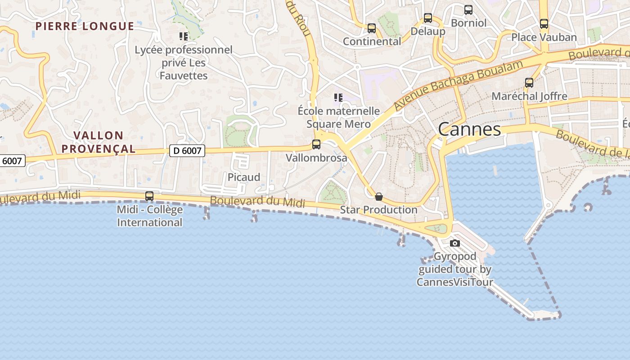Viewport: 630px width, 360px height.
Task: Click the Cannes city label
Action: [469, 130]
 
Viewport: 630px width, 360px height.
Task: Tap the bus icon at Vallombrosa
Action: [316, 144]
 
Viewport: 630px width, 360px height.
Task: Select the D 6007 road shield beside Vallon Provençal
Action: [187, 150]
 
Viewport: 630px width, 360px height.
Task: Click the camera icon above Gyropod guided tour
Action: [455, 243]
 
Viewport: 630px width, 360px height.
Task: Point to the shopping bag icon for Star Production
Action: [379, 197]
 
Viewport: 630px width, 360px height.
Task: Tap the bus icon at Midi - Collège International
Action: [149, 196]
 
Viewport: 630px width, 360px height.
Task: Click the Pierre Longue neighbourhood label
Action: [85, 26]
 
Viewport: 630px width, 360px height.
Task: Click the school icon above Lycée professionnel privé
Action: [184, 36]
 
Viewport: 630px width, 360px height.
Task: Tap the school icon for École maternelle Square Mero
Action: [338, 97]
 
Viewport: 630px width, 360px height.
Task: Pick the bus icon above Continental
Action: [372, 28]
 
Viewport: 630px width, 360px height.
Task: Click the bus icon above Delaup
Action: [428, 18]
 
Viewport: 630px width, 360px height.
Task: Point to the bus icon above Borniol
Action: [468, 9]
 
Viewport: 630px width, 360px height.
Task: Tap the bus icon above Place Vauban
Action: [544, 24]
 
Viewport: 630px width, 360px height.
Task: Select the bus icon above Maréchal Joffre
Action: [529, 83]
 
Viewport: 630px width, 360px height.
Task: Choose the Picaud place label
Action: [244, 177]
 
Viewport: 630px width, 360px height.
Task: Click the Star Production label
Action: [379, 210]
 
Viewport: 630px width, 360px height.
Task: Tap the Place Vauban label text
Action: [544, 37]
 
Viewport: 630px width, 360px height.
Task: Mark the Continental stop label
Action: [372, 41]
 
